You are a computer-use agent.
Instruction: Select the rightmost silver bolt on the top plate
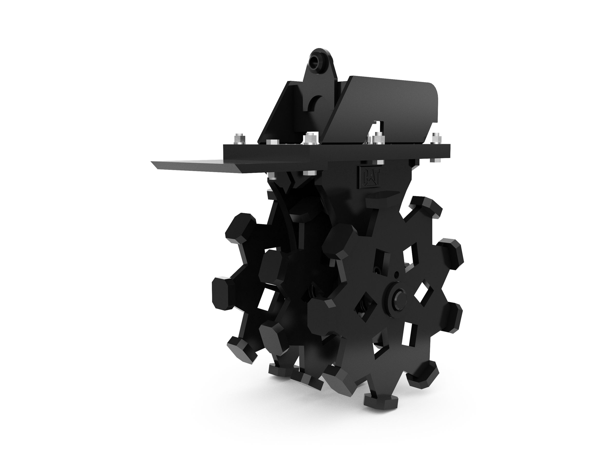pyautogui.click(x=436, y=138)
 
